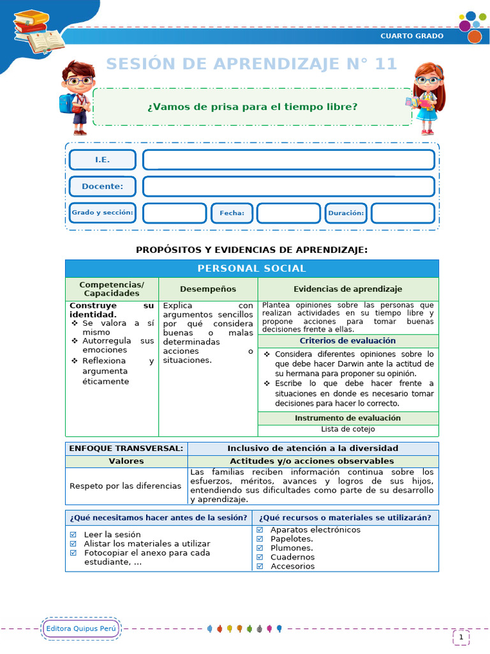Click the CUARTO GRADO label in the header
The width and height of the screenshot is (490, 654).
412,36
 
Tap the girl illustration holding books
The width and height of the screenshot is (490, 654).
426,98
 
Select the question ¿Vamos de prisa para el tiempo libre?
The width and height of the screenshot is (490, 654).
253,107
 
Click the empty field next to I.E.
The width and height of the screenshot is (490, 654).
288,160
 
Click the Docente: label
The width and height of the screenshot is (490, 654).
102,186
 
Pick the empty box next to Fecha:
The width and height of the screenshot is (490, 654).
288,213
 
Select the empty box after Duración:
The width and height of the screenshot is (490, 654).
403,213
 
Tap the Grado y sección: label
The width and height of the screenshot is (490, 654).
102,213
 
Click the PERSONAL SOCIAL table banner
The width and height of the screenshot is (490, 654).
252,268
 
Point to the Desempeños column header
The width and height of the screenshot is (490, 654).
208,289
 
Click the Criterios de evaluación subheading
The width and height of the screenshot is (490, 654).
348,341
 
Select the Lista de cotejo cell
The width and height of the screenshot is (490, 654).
348,429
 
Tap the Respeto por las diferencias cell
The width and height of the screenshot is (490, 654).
126,486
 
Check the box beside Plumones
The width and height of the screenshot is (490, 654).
260,548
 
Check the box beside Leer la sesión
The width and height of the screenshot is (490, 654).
73,535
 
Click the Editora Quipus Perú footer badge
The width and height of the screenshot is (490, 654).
81,629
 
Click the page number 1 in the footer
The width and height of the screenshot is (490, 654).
461,637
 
